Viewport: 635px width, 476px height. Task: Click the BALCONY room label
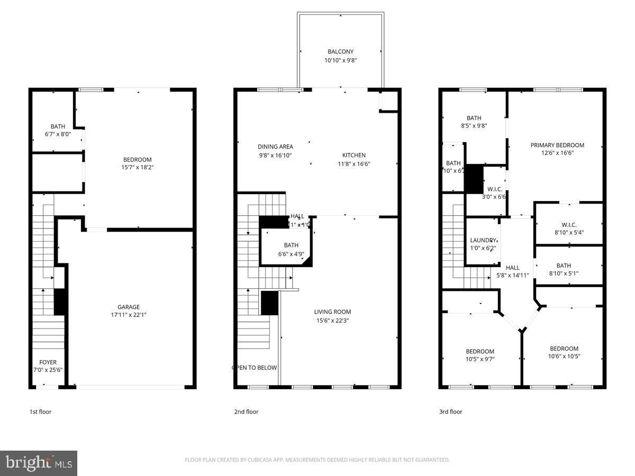(340, 52)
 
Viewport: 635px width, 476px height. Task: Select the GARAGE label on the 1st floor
(129, 307)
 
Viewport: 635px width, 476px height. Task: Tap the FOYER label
(48, 362)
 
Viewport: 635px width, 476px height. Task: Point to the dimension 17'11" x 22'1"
(129, 315)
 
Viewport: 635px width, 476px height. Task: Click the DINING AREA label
(275, 147)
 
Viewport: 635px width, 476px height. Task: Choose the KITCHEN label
(353, 155)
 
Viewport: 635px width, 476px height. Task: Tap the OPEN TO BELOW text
(254, 368)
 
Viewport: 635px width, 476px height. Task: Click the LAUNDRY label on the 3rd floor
(483, 240)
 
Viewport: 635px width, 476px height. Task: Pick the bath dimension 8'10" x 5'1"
(564, 273)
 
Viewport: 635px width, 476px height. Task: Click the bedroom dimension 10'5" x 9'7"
(480, 359)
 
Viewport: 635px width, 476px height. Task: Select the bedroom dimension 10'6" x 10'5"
(564, 356)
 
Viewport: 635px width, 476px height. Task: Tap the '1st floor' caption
(40, 411)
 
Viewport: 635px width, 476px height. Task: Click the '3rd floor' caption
(451, 411)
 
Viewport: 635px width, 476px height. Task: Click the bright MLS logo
(39, 463)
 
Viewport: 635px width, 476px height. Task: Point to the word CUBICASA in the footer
(259, 460)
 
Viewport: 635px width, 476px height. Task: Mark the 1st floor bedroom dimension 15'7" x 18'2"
(138, 167)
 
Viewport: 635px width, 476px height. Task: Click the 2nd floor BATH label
(291, 245)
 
